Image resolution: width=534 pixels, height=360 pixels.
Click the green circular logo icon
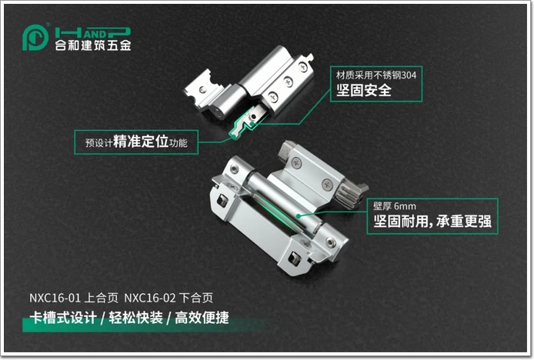[x=35, y=38]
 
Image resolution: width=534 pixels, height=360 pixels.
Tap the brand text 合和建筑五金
[x=93, y=45]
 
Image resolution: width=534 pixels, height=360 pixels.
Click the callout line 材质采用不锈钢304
[x=376, y=75]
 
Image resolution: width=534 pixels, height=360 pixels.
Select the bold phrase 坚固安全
[x=364, y=90]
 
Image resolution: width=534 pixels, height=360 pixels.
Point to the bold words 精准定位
[x=141, y=141]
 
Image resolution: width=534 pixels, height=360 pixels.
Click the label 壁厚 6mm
[x=395, y=206]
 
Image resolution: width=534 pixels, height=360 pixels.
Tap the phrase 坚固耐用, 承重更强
[x=432, y=222]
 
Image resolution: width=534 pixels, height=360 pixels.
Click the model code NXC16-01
[x=55, y=298]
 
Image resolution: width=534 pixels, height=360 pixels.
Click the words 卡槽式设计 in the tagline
[x=63, y=318]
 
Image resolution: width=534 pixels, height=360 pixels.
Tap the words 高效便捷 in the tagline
[x=202, y=318]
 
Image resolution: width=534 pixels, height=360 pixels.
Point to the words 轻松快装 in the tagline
[x=136, y=318]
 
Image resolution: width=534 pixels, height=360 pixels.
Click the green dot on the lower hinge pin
[x=298, y=215]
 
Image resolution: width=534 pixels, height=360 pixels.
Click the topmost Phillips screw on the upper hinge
[x=302, y=66]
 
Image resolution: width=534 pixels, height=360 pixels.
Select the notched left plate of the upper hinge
[x=204, y=89]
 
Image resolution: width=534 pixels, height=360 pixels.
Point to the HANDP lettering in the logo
[x=93, y=33]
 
